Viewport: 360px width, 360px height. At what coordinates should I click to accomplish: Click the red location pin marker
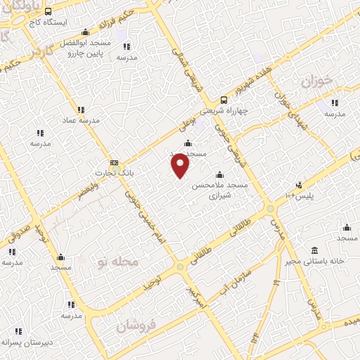pos(181,166)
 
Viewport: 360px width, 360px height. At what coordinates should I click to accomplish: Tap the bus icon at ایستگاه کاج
pos(48,12)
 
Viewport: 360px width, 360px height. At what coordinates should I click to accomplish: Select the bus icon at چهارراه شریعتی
pos(224,99)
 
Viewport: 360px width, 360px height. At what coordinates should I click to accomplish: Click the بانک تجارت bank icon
pos(114,162)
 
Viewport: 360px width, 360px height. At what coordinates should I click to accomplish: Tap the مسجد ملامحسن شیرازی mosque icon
pos(219,175)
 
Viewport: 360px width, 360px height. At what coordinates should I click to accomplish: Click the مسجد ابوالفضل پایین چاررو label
pos(86,48)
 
